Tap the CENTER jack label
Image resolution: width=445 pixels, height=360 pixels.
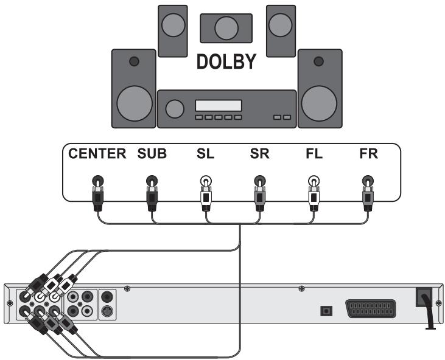pyautogui.click(x=97, y=154)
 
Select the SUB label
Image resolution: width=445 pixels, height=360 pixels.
pyautogui.click(x=150, y=154)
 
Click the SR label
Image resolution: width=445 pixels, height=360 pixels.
pyautogui.click(x=260, y=154)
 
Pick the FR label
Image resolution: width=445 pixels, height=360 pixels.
pyautogui.click(x=368, y=154)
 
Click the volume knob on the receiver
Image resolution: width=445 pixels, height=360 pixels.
pyautogui.click(x=175, y=109)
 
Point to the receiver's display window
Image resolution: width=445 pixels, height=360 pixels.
pyautogui.click(x=218, y=105)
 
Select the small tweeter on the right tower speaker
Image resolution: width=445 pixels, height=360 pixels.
pyautogui.click(x=318, y=62)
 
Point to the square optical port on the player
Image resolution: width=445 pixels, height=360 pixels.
pyautogui.click(x=326, y=310)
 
